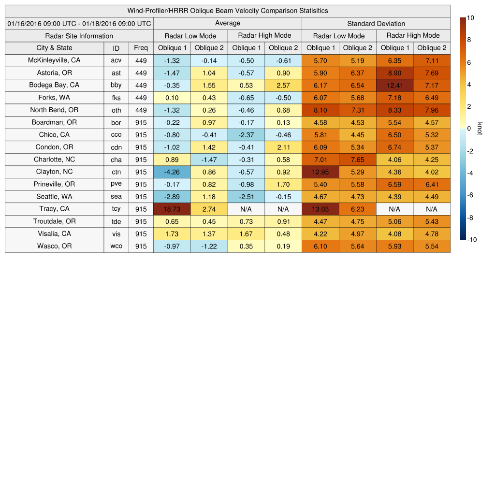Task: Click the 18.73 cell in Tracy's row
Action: pos(172,209)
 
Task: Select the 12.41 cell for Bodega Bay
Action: pos(394,85)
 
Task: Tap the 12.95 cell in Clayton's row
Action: pos(320,172)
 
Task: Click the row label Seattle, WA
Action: pos(54,196)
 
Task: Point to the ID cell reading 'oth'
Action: pos(116,110)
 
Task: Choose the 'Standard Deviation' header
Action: pos(376,24)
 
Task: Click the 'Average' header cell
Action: pos(227,23)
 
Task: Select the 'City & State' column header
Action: pos(54,48)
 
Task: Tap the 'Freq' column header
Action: pos(141,48)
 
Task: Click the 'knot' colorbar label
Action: pos(480,128)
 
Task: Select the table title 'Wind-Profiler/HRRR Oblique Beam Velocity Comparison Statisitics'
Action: pos(227,11)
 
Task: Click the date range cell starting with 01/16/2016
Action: pos(79,24)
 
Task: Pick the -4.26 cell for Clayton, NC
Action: pos(172,172)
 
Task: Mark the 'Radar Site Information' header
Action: pos(79,36)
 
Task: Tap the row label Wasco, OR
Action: pos(54,246)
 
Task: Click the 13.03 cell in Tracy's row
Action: pos(320,209)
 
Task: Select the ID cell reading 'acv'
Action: pos(116,60)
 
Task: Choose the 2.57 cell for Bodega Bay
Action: pos(283,85)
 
